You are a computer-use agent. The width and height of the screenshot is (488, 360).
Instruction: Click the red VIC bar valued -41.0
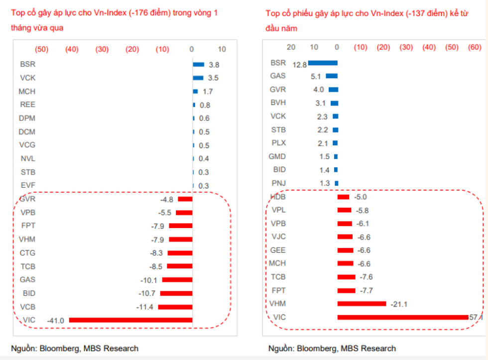coord(130,320)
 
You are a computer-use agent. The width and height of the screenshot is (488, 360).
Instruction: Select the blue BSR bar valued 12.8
coord(323,63)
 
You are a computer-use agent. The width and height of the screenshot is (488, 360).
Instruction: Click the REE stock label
coord(27,105)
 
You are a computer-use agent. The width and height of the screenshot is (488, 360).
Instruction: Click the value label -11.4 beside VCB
coord(144,307)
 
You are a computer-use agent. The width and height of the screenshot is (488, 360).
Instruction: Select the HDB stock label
coord(278,196)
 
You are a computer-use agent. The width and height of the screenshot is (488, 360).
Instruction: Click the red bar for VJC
coord(345,237)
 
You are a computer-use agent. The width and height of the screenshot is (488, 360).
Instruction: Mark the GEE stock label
coord(278,250)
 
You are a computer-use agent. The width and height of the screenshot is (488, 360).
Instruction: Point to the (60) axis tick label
coord(475,47)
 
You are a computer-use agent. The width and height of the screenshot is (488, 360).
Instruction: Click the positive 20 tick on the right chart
coord(291,47)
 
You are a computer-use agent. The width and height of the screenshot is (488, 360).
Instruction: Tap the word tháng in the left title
coord(21,28)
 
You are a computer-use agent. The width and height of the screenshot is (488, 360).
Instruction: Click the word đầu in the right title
coord(274,28)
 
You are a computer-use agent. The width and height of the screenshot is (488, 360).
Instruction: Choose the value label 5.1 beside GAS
coord(316,76)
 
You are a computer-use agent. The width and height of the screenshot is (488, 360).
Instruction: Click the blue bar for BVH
coord(334,103)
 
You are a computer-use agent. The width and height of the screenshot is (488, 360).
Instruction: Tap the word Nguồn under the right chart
coord(280,348)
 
